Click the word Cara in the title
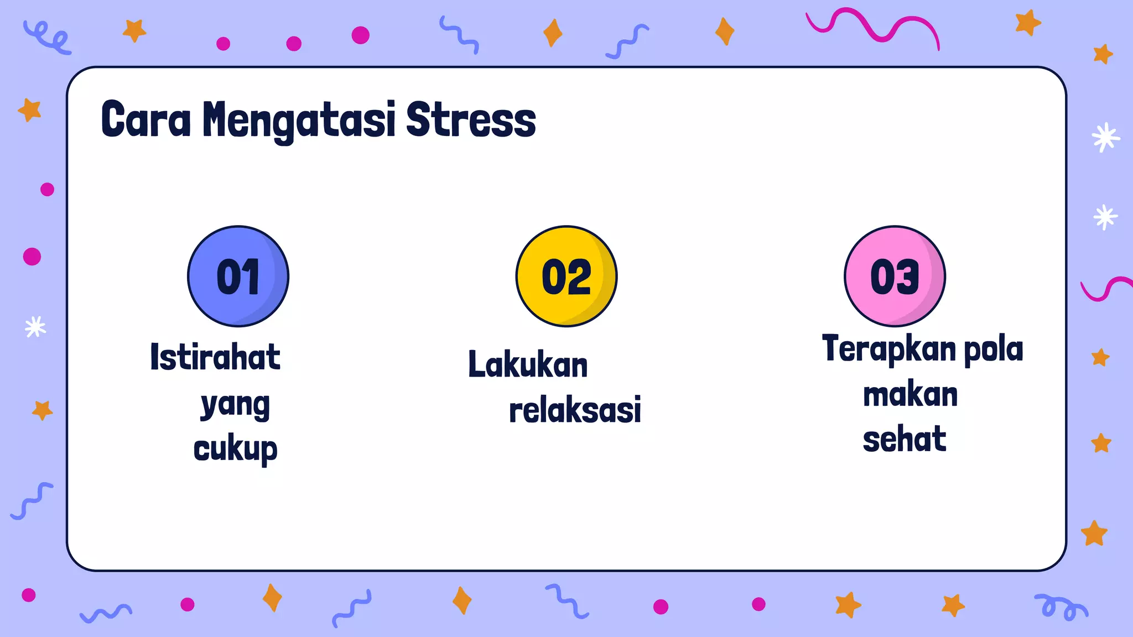click(146, 119)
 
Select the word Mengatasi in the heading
click(299, 121)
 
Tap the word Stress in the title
click(471, 119)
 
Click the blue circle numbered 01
click(238, 276)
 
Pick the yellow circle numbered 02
click(566, 276)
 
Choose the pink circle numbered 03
click(895, 276)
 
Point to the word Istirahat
click(215, 357)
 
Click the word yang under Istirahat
click(235, 405)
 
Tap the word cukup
click(235, 449)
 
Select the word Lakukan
click(528, 365)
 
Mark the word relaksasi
click(575, 410)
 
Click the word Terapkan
click(889, 349)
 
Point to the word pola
click(994, 349)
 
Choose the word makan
click(910, 395)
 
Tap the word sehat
click(905, 439)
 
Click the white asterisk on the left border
click(35, 327)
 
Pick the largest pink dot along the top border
click(361, 35)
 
